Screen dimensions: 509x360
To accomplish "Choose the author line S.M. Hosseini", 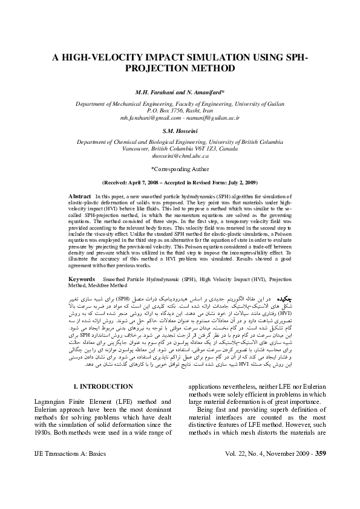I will pos(180,130).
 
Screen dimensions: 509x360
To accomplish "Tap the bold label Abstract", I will pos(80,196).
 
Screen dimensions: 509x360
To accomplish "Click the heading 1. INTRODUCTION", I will pos(103,369).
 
